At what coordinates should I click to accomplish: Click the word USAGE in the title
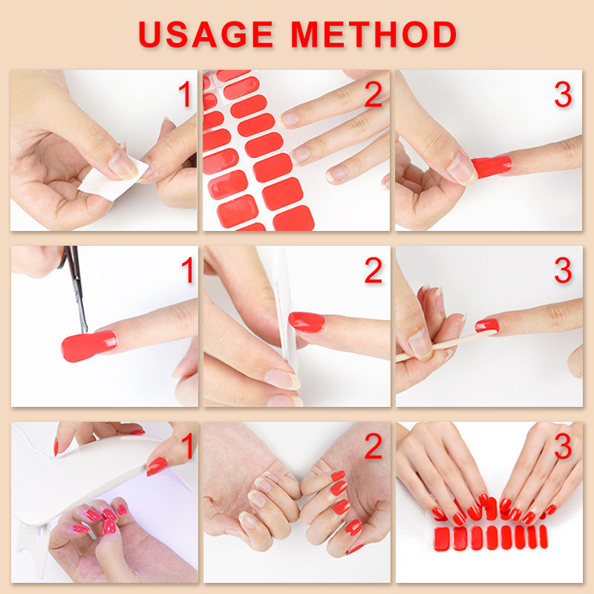click(206, 34)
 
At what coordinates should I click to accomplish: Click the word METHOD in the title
click(373, 34)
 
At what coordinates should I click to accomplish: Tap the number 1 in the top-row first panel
click(185, 94)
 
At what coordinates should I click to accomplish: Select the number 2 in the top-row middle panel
click(373, 94)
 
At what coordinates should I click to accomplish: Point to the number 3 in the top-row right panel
click(563, 94)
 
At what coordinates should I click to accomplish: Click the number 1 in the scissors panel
click(188, 270)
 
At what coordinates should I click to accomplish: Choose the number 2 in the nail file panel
click(373, 270)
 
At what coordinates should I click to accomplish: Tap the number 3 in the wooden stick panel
click(563, 270)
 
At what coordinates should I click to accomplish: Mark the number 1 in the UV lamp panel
click(188, 446)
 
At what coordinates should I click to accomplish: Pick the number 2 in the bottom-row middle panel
click(373, 446)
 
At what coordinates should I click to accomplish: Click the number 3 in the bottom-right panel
click(563, 446)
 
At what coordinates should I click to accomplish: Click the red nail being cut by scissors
click(88, 345)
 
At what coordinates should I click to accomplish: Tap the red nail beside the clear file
click(307, 322)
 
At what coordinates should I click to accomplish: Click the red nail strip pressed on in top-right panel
click(492, 166)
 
